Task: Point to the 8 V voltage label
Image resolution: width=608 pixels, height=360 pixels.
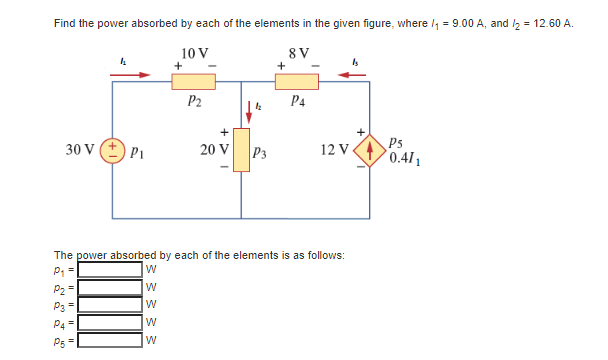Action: (x=299, y=52)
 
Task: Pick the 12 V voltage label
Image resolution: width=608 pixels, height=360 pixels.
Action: (x=334, y=152)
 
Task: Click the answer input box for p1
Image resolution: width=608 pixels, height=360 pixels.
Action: (x=111, y=270)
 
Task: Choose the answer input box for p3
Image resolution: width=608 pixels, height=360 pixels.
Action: (x=111, y=304)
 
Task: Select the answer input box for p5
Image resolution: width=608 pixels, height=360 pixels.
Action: (x=111, y=338)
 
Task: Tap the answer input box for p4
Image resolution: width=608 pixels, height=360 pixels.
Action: (x=111, y=321)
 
